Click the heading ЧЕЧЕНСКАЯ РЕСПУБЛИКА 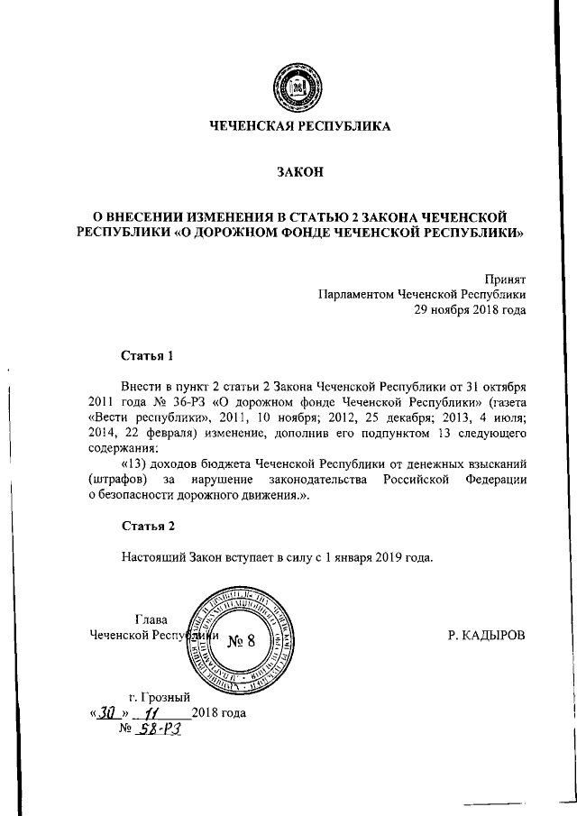tap(300, 126)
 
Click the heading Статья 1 tap(147, 354)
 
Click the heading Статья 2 tap(147, 524)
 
